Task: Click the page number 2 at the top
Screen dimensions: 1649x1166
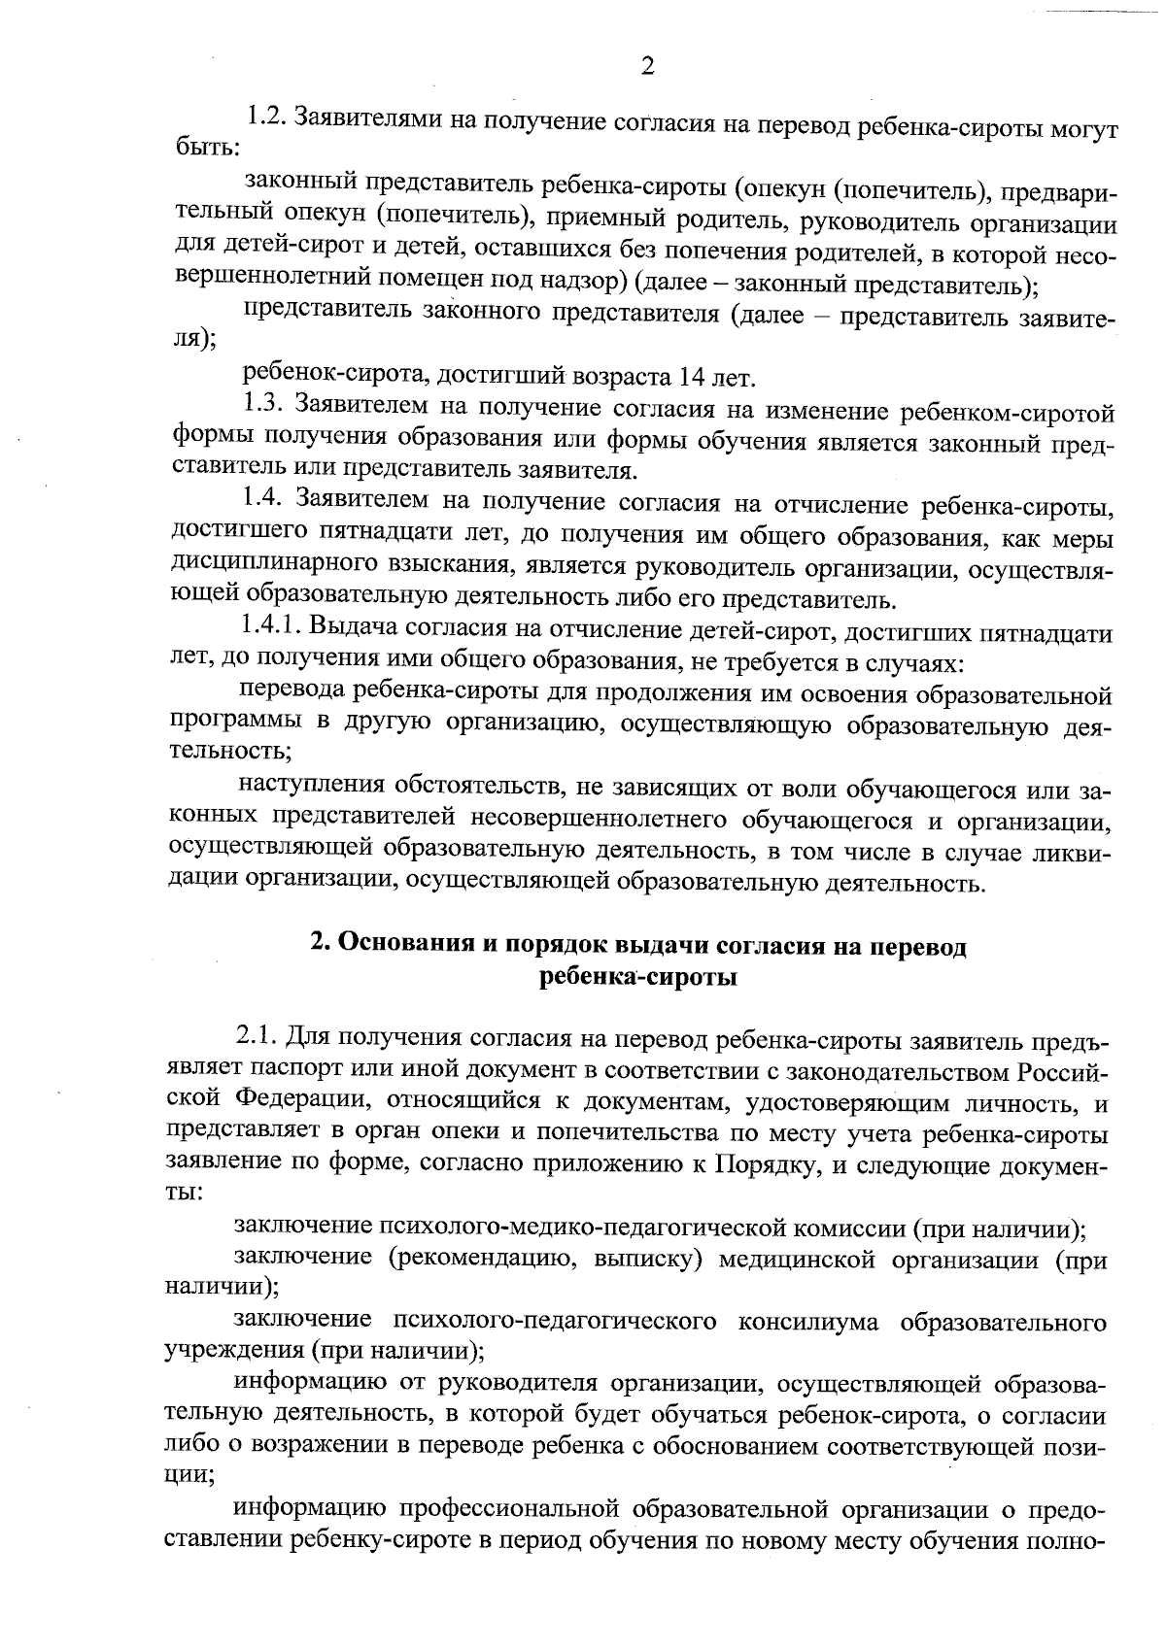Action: click(x=647, y=66)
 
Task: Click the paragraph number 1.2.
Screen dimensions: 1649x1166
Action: click(x=264, y=118)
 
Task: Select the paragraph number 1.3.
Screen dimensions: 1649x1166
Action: click(x=262, y=405)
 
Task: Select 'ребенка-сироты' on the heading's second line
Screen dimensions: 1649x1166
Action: click(x=637, y=976)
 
